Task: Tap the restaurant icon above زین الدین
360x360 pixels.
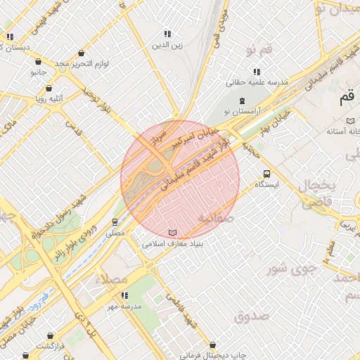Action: point(167,34)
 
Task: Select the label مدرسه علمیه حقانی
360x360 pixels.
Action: point(257,82)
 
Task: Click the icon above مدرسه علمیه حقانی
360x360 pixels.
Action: point(257,71)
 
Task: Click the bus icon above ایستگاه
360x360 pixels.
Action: point(266,174)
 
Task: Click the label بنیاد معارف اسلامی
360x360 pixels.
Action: point(173,244)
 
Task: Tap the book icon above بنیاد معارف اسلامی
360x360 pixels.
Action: point(173,233)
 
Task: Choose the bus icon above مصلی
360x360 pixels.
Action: point(115,222)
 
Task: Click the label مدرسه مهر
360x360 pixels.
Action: point(124,307)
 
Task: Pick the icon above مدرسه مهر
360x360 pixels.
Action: point(124,295)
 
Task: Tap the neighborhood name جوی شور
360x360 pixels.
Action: point(288,269)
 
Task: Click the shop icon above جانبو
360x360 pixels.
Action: point(38,61)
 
